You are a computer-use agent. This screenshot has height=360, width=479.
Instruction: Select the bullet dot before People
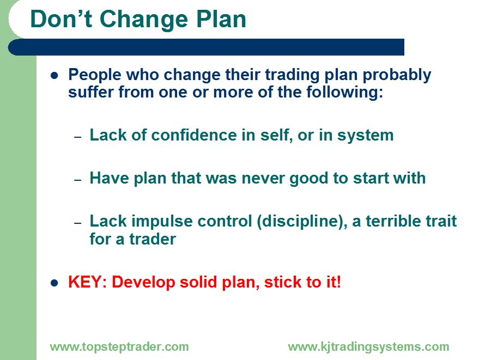(54, 75)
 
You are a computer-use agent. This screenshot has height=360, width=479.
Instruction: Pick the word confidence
(194, 135)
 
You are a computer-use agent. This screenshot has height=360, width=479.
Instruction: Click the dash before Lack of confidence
(78, 137)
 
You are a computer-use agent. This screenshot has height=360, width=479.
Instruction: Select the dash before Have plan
(78, 180)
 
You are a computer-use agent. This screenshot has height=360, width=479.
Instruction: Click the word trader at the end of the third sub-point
(153, 239)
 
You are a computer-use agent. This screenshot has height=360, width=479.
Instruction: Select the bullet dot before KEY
(54, 283)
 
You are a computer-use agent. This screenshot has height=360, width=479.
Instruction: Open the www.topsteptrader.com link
(119, 347)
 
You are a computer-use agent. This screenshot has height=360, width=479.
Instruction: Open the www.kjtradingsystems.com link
(368, 347)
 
